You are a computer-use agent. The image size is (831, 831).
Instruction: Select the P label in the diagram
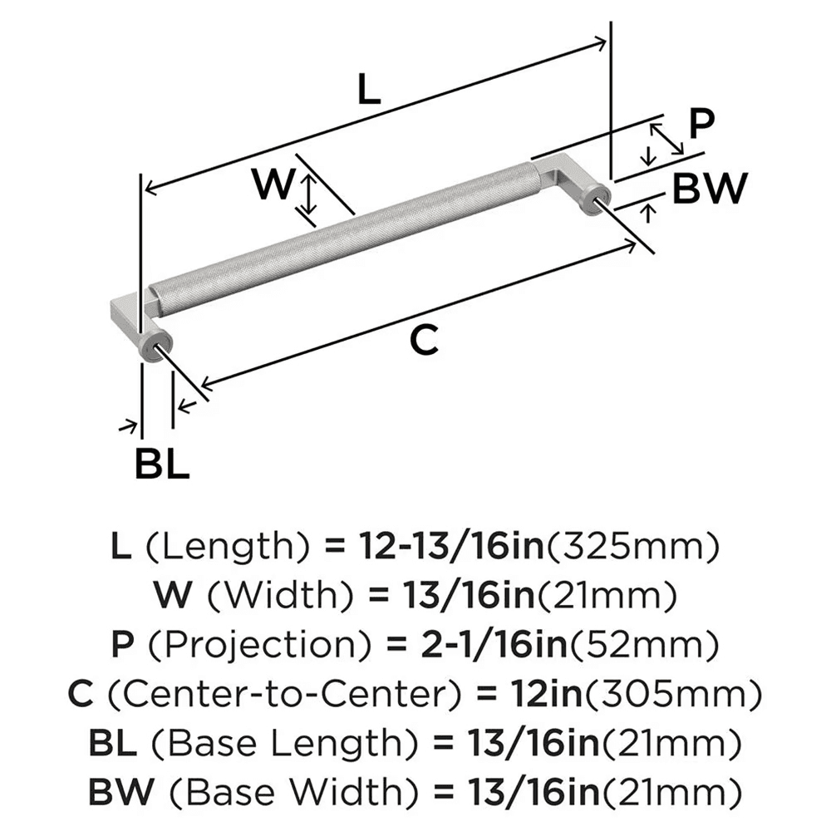701,125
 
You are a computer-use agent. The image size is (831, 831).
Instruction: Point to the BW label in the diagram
710,189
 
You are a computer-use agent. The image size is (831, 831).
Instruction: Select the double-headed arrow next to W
308,194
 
